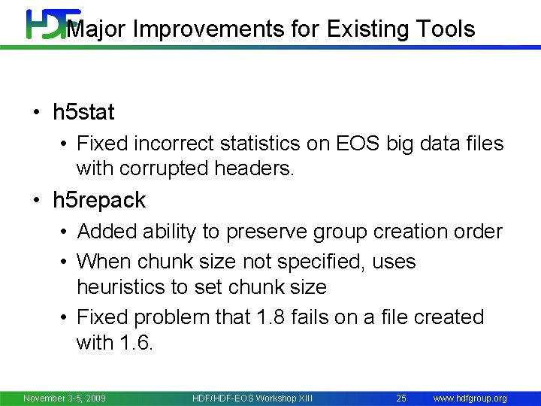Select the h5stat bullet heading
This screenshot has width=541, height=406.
tap(83, 113)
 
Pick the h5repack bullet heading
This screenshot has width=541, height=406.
tap(99, 200)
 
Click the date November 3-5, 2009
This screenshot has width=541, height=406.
tap(65, 398)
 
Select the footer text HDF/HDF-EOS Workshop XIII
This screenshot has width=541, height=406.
tap(252, 398)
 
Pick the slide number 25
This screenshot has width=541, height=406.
tap(401, 398)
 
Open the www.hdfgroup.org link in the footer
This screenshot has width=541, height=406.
tap(470, 398)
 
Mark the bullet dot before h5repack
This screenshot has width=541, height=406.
tap(36, 201)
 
